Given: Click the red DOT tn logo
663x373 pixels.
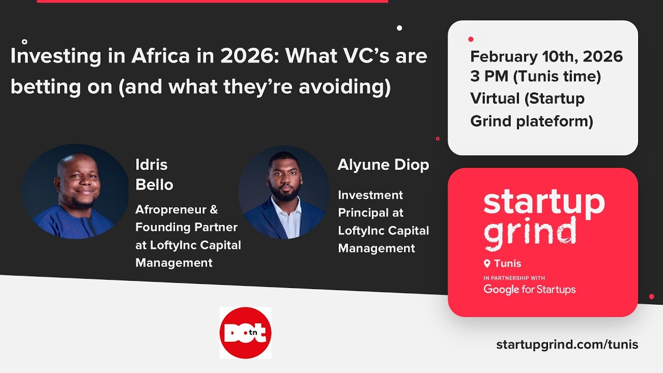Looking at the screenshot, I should pyautogui.click(x=245, y=333).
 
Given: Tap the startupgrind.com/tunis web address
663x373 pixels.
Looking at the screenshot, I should pyautogui.click(x=567, y=345).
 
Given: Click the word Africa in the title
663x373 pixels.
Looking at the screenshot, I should pyautogui.click(x=161, y=56).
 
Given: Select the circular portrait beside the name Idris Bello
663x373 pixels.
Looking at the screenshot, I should pyautogui.click(x=75, y=192).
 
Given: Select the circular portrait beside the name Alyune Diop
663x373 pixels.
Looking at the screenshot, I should pyautogui.click(x=284, y=192).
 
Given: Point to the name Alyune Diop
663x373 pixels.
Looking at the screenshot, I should pyautogui.click(x=383, y=165).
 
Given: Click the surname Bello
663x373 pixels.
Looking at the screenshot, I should pyautogui.click(x=154, y=184).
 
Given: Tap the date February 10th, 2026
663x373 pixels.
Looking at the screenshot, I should pyautogui.click(x=546, y=56).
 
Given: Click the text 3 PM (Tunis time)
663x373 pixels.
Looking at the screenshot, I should pyautogui.click(x=536, y=77).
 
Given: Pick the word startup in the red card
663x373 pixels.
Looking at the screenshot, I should pyautogui.click(x=544, y=203).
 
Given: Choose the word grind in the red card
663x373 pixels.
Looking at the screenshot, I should pyautogui.click(x=529, y=232).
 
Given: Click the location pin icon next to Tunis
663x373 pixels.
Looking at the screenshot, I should pyautogui.click(x=487, y=264).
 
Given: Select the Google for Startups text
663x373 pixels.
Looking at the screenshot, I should pyautogui.click(x=529, y=290).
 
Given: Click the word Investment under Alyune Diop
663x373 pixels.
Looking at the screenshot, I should pyautogui.click(x=370, y=195).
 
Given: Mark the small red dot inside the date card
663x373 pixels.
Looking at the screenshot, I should pyautogui.click(x=471, y=39).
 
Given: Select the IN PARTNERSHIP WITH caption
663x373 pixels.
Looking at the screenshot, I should pyautogui.click(x=514, y=278).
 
